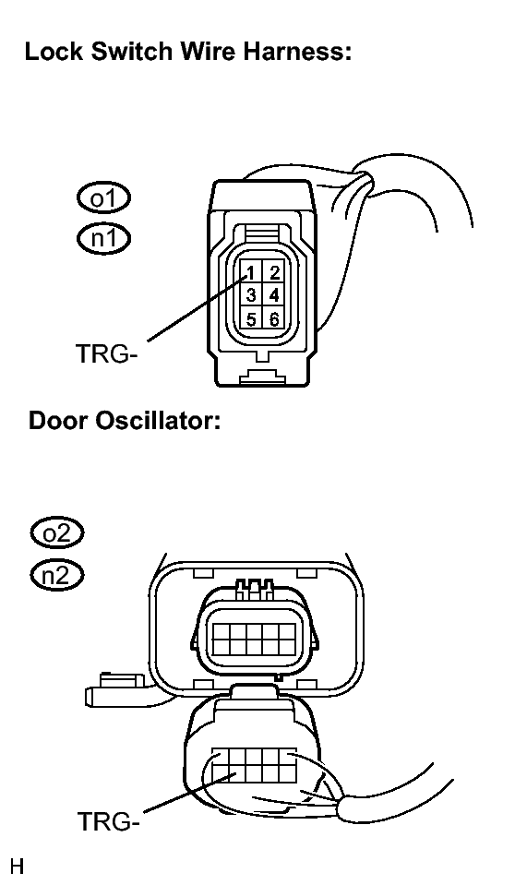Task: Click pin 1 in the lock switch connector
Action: (251, 272)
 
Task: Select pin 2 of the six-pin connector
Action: (274, 272)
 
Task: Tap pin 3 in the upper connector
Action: (251, 295)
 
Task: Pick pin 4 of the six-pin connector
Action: (274, 295)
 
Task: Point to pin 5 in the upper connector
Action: (251, 319)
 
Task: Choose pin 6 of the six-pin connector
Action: (274, 319)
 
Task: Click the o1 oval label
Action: (103, 198)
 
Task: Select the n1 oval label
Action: (103, 238)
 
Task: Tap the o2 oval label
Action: (57, 532)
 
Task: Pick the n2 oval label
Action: (57, 575)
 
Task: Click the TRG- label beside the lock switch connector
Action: (107, 353)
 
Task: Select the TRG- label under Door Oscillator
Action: (108, 820)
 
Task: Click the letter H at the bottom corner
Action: (17, 866)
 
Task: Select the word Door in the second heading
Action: (59, 421)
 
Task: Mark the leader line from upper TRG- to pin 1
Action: (198, 307)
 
